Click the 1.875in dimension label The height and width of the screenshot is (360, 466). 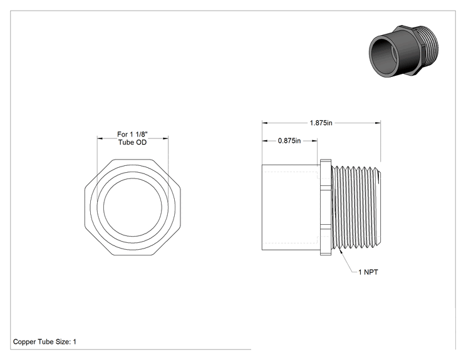point(321,123)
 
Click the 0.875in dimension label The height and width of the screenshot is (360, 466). point(289,140)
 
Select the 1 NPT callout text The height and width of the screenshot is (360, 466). point(368,272)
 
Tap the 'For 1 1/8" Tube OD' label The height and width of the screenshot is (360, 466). point(133,138)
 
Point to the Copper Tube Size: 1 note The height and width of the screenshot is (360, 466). point(44,342)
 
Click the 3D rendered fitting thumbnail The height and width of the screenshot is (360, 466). point(403,51)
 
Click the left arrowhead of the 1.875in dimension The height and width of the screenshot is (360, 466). point(264,123)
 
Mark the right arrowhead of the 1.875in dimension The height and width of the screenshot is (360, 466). point(378,123)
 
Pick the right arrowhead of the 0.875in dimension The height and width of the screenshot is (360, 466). point(314,140)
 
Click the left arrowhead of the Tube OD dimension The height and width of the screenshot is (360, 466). point(100,138)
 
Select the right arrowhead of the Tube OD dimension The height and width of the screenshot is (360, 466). point(166,138)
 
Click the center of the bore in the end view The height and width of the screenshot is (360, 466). point(133,207)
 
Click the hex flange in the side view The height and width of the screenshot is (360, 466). point(326,207)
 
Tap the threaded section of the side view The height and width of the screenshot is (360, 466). point(356,207)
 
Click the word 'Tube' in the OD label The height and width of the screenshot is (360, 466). point(125,142)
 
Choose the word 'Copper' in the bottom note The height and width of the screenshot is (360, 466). point(23,342)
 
